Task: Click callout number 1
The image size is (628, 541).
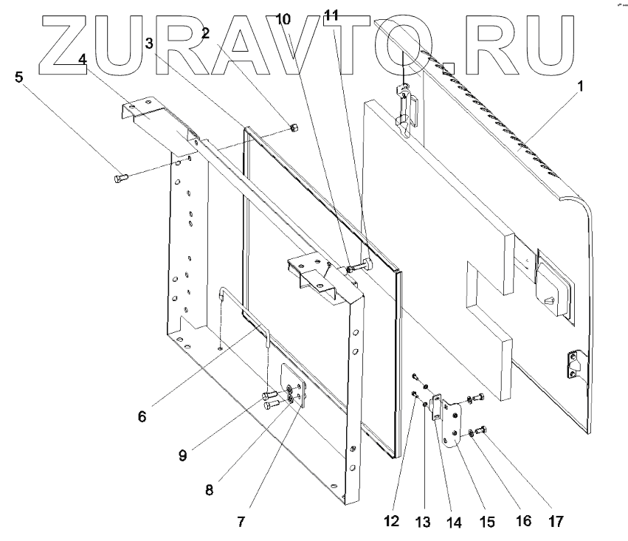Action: pos(580,86)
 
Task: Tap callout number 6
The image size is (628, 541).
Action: pos(141,416)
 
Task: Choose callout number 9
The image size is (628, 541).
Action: pos(181,455)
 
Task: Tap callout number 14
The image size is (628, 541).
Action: pos(453,522)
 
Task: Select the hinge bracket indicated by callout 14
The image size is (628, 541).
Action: pos(438,407)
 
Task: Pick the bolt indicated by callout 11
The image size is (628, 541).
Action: pos(364,265)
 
